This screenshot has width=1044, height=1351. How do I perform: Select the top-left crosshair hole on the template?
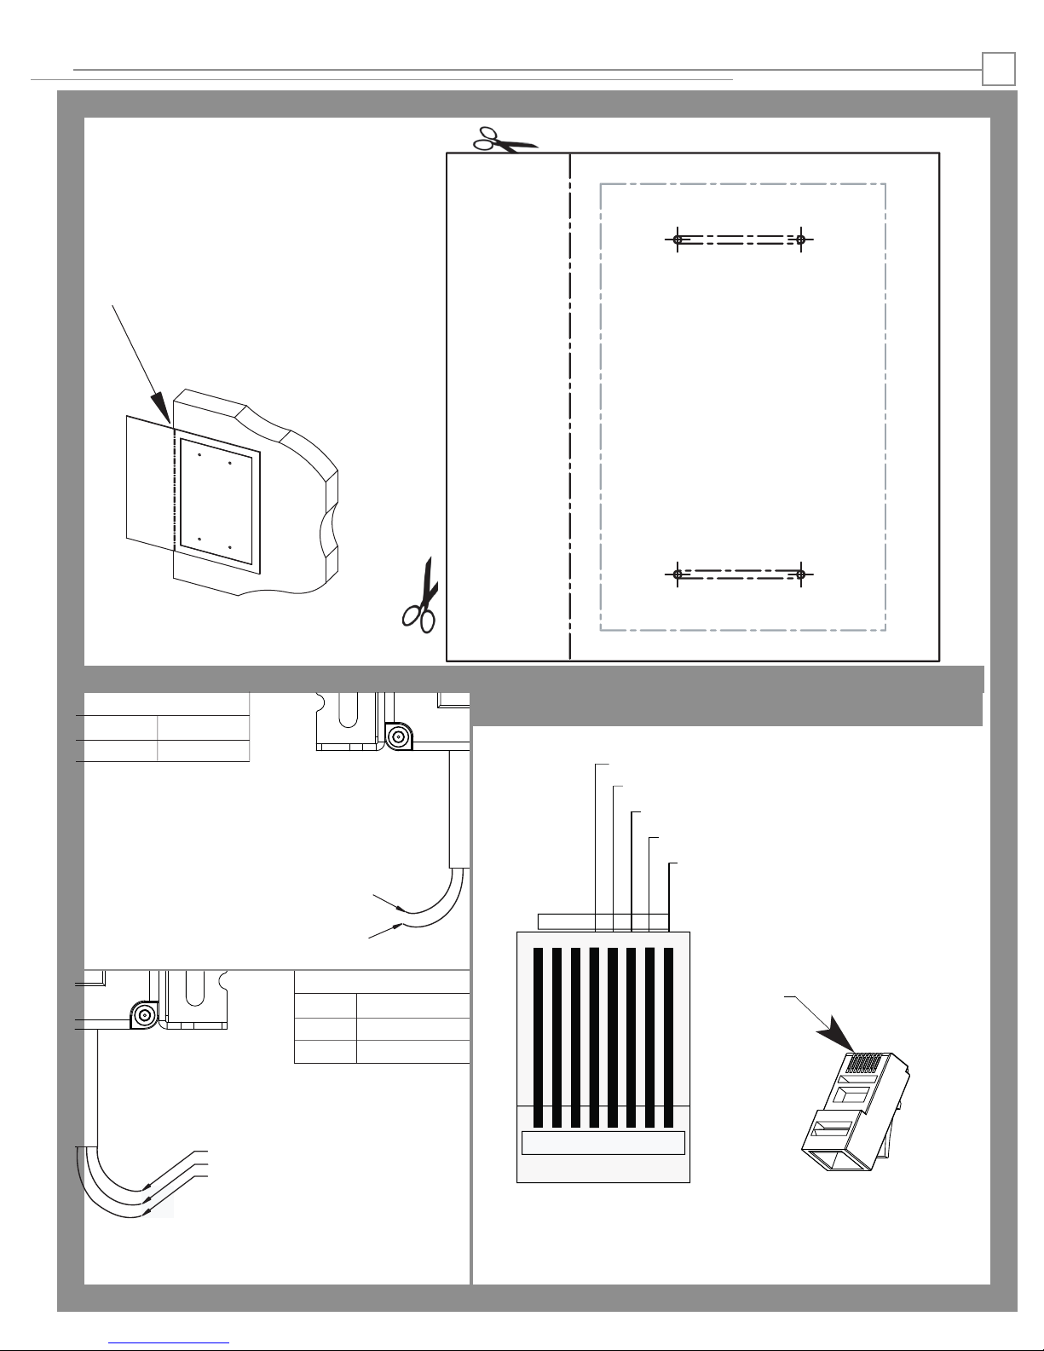click(x=678, y=240)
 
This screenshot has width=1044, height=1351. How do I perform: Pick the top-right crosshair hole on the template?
click(x=801, y=240)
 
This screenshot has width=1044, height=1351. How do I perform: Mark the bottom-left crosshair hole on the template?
click(x=678, y=574)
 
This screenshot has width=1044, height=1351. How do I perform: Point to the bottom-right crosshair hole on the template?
click(x=801, y=574)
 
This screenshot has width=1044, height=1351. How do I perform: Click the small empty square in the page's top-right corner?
click(x=998, y=69)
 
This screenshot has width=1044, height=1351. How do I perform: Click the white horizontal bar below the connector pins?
click(x=603, y=1143)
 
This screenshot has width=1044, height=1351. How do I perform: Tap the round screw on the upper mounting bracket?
click(x=396, y=736)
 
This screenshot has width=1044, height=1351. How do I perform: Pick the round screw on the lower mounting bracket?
click(x=144, y=1015)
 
